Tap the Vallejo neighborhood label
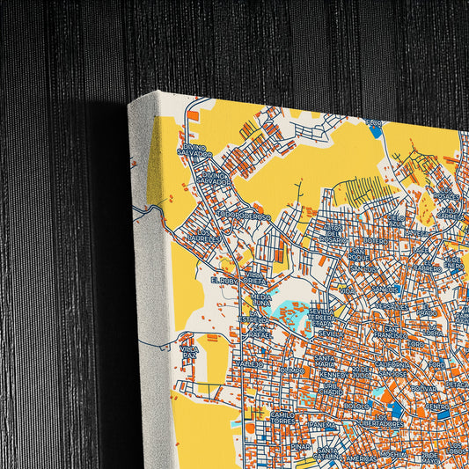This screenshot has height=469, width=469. (x=249, y=363)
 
